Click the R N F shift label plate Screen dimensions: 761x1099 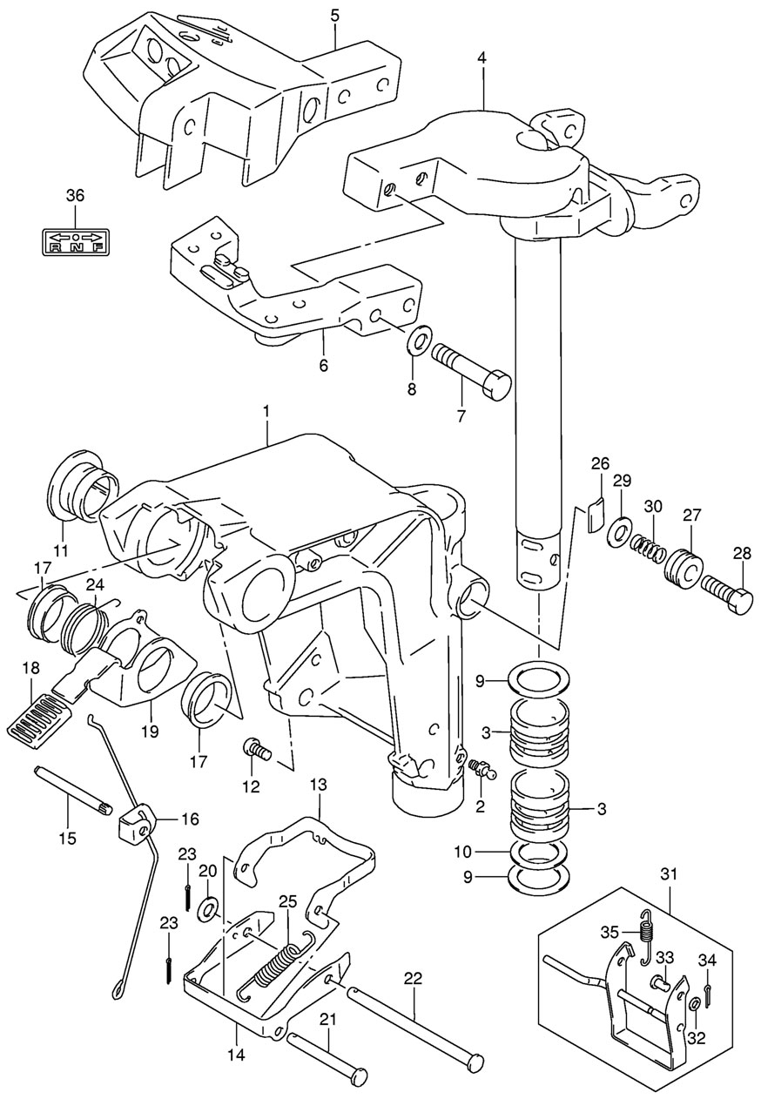(x=75, y=242)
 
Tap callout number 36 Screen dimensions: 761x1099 (x=75, y=195)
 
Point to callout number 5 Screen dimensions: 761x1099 (x=334, y=15)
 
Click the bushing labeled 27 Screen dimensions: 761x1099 (x=684, y=568)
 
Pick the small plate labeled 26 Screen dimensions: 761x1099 (x=596, y=514)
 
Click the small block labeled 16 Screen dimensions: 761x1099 (x=137, y=826)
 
